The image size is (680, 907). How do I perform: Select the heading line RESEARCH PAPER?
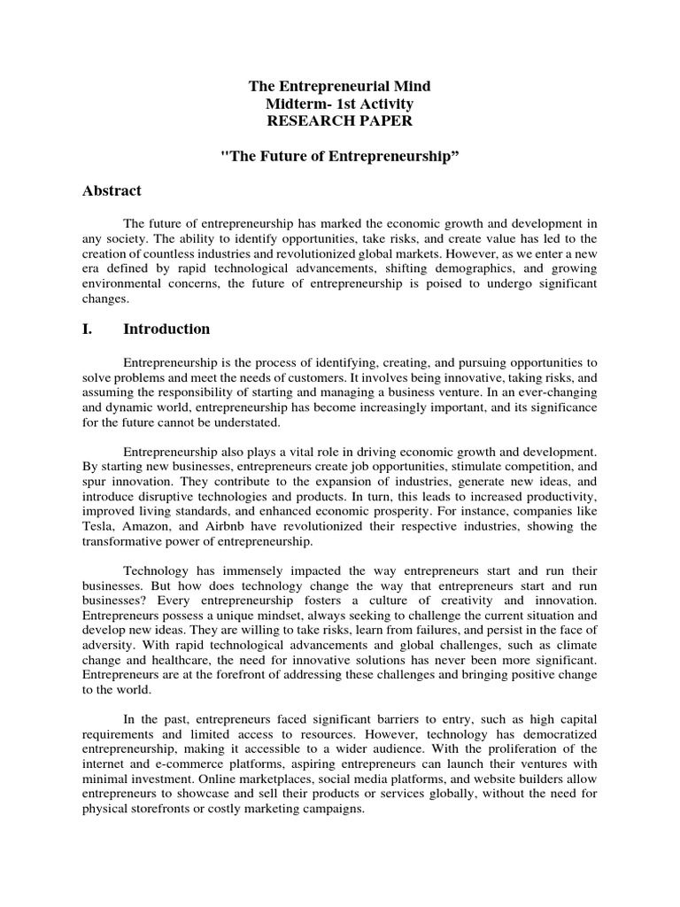[x=340, y=121]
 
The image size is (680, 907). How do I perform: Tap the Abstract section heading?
[x=112, y=190]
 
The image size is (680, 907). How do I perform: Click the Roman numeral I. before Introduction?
[x=88, y=329]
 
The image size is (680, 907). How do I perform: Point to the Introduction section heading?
[x=166, y=329]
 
